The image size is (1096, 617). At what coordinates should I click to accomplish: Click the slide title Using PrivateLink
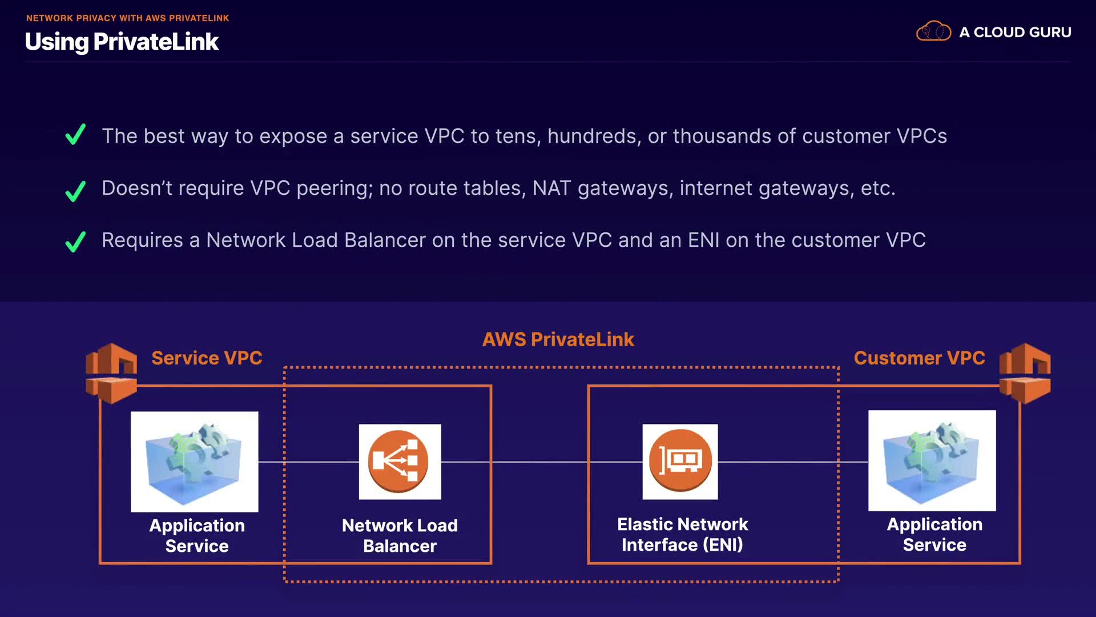[122, 42]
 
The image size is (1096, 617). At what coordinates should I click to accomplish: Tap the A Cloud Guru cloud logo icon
[933, 31]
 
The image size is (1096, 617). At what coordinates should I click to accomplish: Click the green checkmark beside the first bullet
[75, 135]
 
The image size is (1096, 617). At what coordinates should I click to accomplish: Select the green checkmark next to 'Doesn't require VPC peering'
[75, 191]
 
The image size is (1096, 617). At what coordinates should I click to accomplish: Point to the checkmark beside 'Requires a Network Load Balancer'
[75, 241]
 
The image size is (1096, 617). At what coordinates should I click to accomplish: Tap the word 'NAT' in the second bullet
[551, 188]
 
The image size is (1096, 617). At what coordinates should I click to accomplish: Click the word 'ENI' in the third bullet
[703, 240]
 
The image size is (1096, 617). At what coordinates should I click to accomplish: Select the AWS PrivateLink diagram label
[558, 339]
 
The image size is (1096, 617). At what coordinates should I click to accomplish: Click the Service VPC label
[207, 358]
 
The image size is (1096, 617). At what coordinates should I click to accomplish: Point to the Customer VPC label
[919, 358]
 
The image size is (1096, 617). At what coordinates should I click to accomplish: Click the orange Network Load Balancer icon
[400, 462]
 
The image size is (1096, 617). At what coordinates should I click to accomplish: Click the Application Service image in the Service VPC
[194, 462]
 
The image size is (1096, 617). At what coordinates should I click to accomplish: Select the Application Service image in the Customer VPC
[932, 460]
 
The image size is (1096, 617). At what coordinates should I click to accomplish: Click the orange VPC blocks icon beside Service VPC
[111, 372]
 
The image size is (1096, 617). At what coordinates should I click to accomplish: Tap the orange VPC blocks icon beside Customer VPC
[1025, 372]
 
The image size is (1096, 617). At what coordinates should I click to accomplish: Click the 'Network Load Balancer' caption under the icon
[400, 535]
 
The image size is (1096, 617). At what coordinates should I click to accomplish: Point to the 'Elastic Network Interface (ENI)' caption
[682, 534]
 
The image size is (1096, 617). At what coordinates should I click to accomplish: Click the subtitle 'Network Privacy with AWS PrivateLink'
[127, 18]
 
